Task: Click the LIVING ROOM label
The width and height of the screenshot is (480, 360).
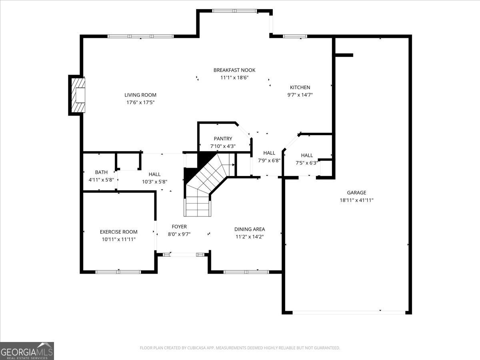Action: [x=140, y=95]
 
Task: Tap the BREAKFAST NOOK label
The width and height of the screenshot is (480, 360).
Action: [x=234, y=70]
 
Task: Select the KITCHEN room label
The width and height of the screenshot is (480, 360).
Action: [x=300, y=88]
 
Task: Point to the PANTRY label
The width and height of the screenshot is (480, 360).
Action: [x=223, y=138]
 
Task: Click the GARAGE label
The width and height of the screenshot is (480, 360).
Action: [x=356, y=192]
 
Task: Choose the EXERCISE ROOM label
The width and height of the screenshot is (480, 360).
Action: [x=119, y=232]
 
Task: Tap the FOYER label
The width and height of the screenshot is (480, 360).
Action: [x=179, y=227]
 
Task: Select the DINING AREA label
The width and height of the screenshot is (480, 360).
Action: [x=250, y=229]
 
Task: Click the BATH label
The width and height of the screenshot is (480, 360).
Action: [x=101, y=172]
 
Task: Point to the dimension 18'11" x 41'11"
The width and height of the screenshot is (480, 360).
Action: [x=356, y=200]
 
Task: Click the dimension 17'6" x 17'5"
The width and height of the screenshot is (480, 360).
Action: [x=140, y=102]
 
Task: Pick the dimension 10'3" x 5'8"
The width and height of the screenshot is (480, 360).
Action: [x=155, y=182]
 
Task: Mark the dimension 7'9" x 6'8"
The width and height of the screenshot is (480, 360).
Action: [x=269, y=161]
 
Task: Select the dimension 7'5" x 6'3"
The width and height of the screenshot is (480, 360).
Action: [x=307, y=163]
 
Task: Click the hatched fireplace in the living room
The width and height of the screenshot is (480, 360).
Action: [x=78, y=95]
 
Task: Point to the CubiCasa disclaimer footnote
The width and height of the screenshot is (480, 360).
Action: [x=240, y=348]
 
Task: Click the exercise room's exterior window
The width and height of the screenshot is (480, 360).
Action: [x=118, y=272]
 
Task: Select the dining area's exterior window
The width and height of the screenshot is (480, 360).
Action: [x=246, y=272]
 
